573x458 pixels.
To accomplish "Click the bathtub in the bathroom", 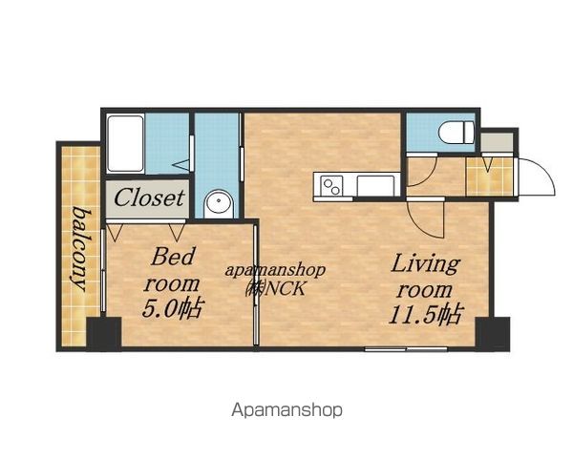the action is (125, 143).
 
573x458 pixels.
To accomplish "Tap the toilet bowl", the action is (456, 133).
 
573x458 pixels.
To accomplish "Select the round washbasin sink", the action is (219, 204).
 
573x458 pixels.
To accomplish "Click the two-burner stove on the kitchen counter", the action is (331, 185).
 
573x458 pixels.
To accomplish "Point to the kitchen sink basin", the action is (375, 186).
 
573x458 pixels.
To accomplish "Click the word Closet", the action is (149, 198).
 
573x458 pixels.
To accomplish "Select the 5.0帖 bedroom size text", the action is (171, 309).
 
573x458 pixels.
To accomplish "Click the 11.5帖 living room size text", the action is (426, 314).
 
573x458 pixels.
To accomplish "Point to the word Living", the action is (425, 264).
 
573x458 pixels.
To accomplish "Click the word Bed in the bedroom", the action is (173, 257).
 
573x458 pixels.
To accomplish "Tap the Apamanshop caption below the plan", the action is (287, 410).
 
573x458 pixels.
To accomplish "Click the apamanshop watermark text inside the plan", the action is (275, 271).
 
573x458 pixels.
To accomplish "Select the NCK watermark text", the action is (286, 289).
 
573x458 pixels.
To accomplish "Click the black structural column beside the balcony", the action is (104, 334).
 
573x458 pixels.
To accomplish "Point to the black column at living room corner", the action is (493, 334).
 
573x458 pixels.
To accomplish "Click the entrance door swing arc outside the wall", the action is (546, 171).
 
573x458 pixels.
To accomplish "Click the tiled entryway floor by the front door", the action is (490, 177).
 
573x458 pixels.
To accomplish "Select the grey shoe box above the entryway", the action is (497, 142).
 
